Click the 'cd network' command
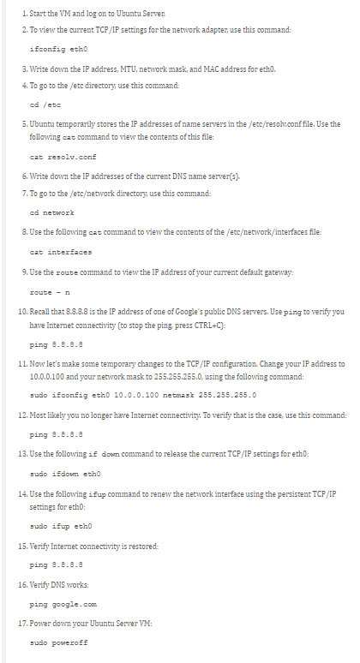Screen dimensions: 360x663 51,212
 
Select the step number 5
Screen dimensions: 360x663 24,124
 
